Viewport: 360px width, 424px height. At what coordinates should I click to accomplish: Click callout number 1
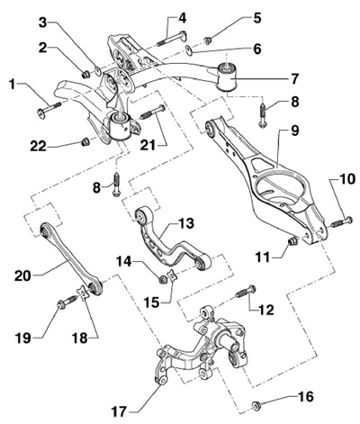pos(12,85)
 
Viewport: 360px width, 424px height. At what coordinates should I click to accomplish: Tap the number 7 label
pos(294,78)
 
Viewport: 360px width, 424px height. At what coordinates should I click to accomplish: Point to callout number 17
pos(120,411)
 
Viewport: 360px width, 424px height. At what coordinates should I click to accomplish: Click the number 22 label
pos(38,147)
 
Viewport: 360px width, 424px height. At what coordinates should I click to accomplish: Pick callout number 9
pos(294,131)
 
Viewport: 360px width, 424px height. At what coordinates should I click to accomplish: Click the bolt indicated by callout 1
pos(49,109)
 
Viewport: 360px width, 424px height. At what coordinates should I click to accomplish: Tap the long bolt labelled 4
pos(172,39)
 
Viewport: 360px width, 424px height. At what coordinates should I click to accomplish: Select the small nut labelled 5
pos(207,40)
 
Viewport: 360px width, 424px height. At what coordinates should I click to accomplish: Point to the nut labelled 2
pos(86,74)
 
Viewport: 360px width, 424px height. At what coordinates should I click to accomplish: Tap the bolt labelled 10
pos(342,222)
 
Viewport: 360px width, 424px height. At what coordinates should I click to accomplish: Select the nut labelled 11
pos(292,240)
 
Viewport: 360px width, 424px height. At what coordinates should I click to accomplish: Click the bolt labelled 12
pos(246,291)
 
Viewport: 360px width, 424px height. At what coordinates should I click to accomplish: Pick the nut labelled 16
pos(256,405)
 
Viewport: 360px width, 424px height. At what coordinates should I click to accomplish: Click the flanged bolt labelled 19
pos(67,302)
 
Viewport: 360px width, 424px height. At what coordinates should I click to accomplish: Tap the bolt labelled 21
pos(153,112)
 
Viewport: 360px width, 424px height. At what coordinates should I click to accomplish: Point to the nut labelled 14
pos(163,280)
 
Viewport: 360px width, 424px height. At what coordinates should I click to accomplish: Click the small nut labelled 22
pos(85,141)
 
